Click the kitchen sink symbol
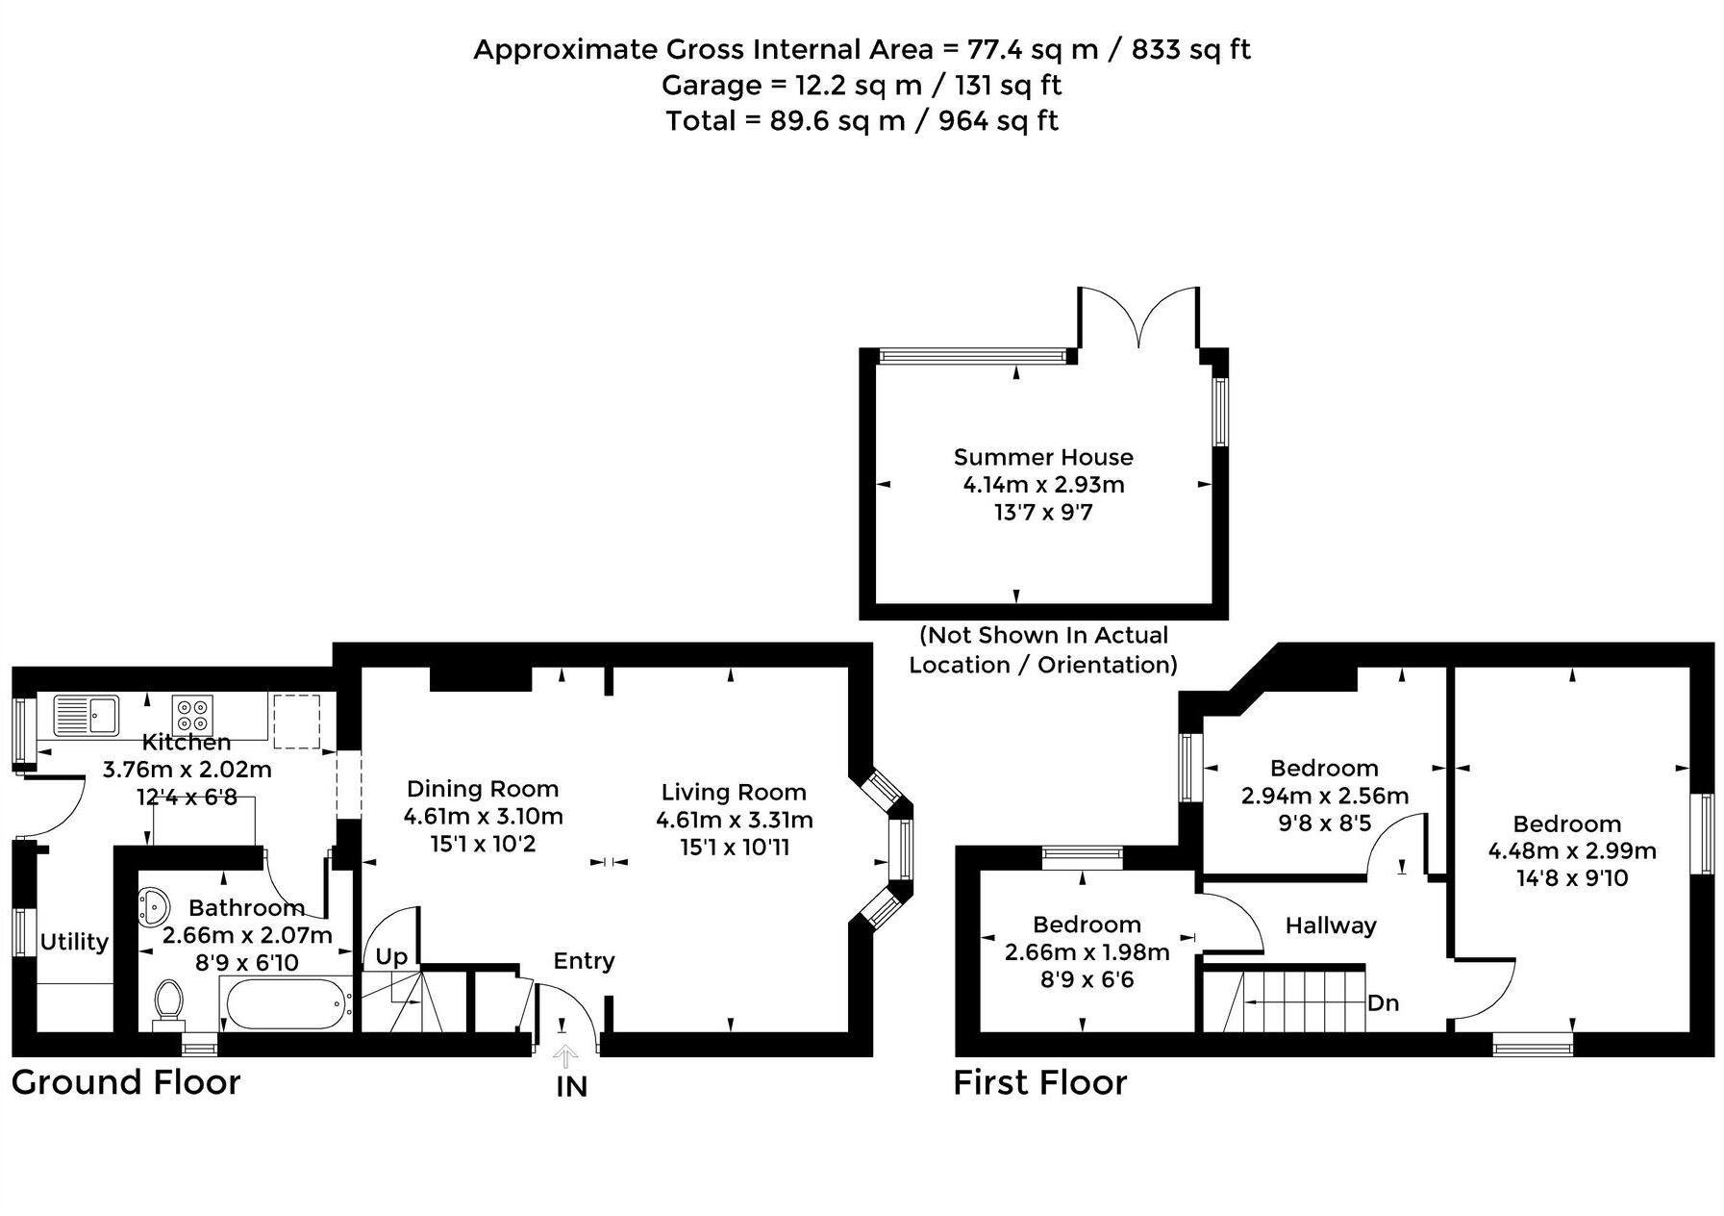click(x=86, y=715)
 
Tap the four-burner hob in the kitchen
click(x=191, y=716)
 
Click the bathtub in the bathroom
click(x=285, y=1003)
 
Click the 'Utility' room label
click(x=74, y=942)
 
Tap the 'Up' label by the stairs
click(x=391, y=957)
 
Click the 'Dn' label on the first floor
click(x=1383, y=1003)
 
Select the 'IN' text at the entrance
click(x=571, y=1088)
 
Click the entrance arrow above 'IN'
click(x=565, y=1056)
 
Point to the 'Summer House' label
click(x=1043, y=458)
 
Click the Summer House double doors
click(x=1138, y=317)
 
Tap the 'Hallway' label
click(x=1331, y=925)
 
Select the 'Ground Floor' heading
click(x=126, y=1082)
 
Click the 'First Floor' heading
click(x=1039, y=1083)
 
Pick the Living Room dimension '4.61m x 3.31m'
click(x=735, y=821)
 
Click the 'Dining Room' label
click(x=483, y=789)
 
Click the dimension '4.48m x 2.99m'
click(x=1572, y=851)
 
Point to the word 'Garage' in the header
click(x=710, y=86)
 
